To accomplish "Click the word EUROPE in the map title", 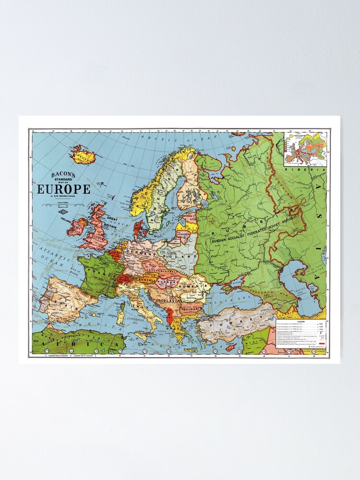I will [x=64, y=189].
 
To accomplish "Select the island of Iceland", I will [x=83, y=155].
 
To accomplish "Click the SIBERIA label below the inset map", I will [x=305, y=170].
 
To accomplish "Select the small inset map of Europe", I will [x=305, y=149].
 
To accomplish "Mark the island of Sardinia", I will [x=121, y=317].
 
